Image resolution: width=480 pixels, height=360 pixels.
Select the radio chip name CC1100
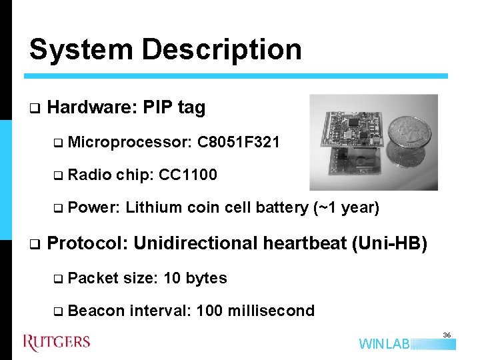click(x=188, y=175)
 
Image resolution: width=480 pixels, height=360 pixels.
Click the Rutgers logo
click(x=57, y=343)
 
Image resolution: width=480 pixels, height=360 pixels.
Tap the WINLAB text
click(x=385, y=345)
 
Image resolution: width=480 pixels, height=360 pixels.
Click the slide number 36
click(x=447, y=335)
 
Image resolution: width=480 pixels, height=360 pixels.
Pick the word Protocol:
click(x=87, y=243)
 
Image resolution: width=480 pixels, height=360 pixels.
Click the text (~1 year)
click(x=346, y=208)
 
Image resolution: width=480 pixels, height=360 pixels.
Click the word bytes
click(x=207, y=278)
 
